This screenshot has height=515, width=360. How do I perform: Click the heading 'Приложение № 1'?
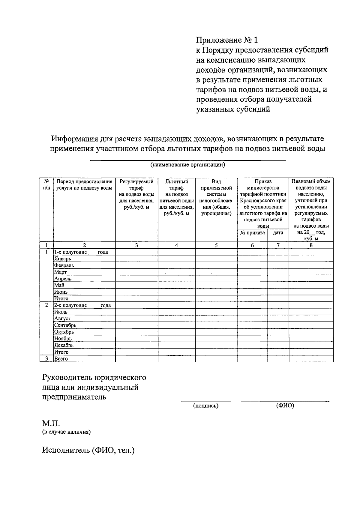[x=226, y=40]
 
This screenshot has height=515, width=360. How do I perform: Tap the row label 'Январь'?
[x=62, y=259]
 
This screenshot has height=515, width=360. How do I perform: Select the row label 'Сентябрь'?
[x=65, y=325]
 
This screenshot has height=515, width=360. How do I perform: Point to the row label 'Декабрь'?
[x=64, y=345]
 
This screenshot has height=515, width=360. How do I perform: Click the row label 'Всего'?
[x=61, y=359]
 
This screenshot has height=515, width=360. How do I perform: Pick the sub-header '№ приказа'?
[x=252, y=233]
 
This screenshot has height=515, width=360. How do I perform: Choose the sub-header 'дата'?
[x=278, y=233]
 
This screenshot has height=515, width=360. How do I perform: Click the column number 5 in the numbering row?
[x=216, y=245]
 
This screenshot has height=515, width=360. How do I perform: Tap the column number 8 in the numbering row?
[x=311, y=245]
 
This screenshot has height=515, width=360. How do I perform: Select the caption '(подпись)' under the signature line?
[x=205, y=406]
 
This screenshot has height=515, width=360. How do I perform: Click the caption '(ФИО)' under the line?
[x=285, y=406]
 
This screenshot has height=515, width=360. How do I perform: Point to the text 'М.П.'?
[x=51, y=424]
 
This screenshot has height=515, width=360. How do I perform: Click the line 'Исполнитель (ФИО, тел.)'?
[x=88, y=450]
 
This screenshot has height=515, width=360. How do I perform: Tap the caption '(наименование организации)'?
[x=188, y=165]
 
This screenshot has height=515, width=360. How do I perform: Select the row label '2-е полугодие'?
[x=70, y=305]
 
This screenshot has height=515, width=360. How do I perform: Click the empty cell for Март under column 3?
[x=136, y=272]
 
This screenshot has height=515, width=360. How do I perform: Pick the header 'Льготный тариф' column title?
[x=176, y=185]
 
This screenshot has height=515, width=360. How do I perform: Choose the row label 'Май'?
[x=59, y=285]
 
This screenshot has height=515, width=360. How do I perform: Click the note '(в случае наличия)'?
[x=66, y=432]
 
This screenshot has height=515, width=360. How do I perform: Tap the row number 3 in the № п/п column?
[x=46, y=359]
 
